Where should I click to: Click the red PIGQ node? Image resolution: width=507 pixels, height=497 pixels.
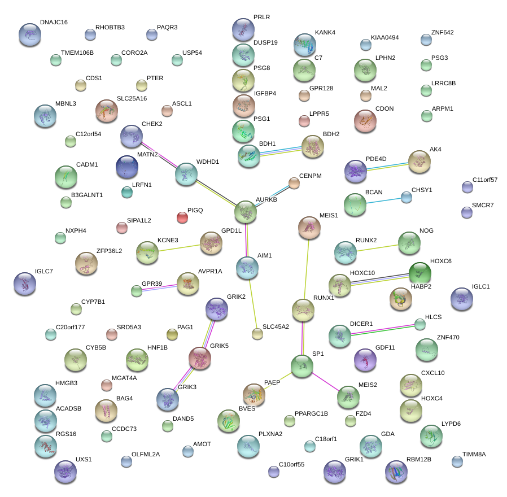click(x=182, y=217)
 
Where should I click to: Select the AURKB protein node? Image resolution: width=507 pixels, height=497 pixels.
click(x=246, y=212)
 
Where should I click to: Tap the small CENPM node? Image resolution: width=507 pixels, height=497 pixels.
click(x=294, y=182)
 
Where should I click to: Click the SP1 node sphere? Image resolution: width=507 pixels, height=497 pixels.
click(x=302, y=366)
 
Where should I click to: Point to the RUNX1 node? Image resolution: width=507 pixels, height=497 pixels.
click(x=303, y=310)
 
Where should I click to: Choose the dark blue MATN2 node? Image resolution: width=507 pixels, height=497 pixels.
click(x=126, y=167)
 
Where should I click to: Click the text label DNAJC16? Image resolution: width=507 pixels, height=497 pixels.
click(x=54, y=23)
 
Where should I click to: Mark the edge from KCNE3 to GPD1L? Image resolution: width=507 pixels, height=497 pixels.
click(x=179, y=248)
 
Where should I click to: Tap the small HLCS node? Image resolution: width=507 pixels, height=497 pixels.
click(x=420, y=324)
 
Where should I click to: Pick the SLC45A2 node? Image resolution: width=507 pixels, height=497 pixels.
click(x=257, y=334)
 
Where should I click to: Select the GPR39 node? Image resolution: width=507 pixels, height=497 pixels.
click(x=137, y=291)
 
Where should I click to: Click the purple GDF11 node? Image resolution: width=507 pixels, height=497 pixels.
click(x=365, y=360)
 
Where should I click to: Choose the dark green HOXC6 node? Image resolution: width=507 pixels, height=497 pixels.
click(x=419, y=274)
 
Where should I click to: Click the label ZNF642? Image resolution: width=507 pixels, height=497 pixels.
click(x=442, y=33)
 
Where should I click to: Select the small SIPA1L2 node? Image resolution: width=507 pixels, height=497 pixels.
click(x=122, y=228)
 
